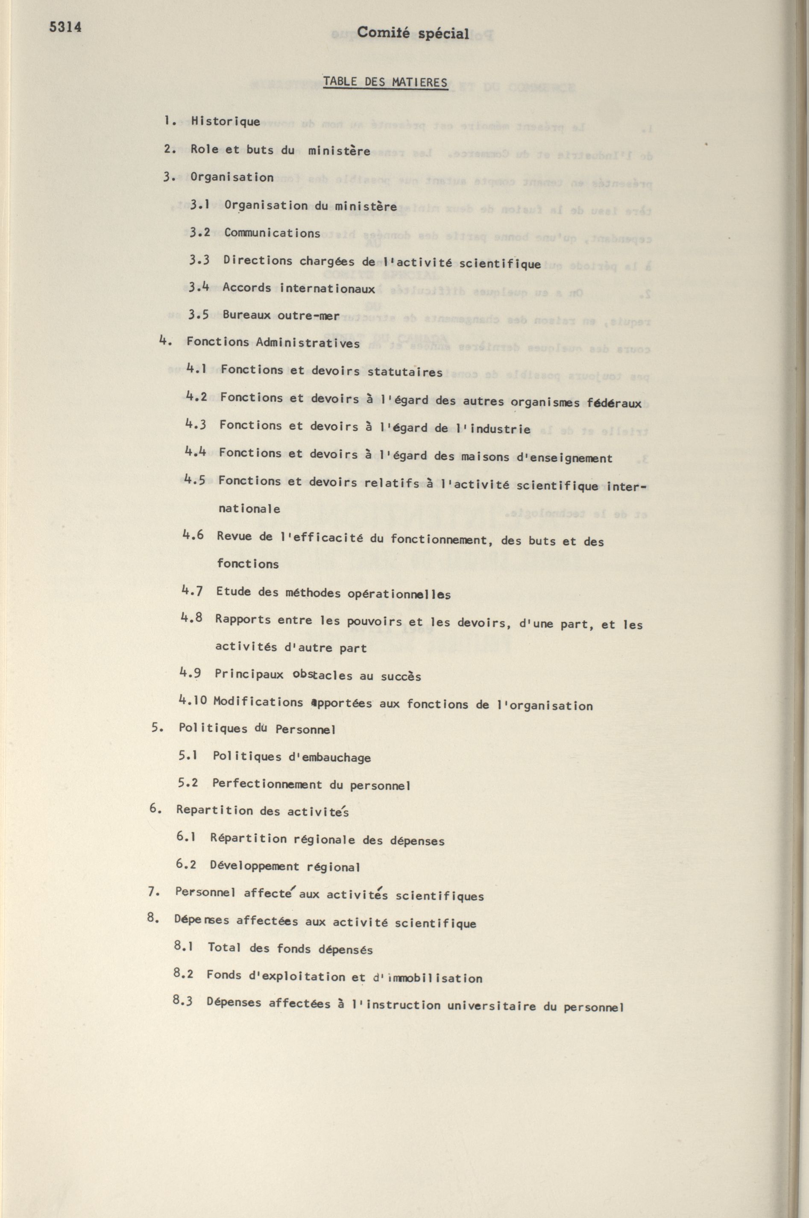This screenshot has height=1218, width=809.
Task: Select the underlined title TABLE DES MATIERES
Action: coord(385,82)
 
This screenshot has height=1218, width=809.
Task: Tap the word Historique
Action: coord(226,122)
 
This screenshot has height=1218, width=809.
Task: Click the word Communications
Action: coord(272,233)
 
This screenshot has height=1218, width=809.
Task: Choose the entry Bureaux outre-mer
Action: coord(281,315)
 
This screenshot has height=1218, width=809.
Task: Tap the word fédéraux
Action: coord(614,403)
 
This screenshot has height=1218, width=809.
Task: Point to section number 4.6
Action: coord(193,535)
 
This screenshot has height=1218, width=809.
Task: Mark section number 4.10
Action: coord(193,700)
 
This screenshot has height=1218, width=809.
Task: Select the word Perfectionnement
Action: coord(267,785)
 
